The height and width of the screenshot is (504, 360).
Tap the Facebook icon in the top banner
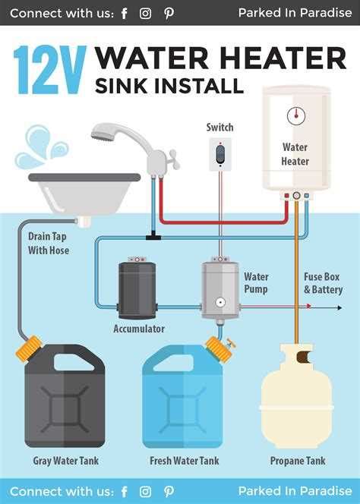pos(125,13)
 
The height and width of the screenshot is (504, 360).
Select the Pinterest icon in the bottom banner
pos(169,491)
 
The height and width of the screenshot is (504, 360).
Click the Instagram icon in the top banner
pos(146,13)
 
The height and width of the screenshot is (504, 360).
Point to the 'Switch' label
pos(219,128)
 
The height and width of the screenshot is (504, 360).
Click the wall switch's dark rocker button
pos(220,155)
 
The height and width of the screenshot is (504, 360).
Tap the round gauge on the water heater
pos(295,115)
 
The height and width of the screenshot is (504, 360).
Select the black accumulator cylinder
pos(137,288)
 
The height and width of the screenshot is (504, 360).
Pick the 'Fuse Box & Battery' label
pos(323,283)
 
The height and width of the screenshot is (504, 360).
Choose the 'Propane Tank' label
pos(296,460)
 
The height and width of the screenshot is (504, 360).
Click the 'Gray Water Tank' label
pos(65,460)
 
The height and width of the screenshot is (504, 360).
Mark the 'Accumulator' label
pos(139,329)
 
